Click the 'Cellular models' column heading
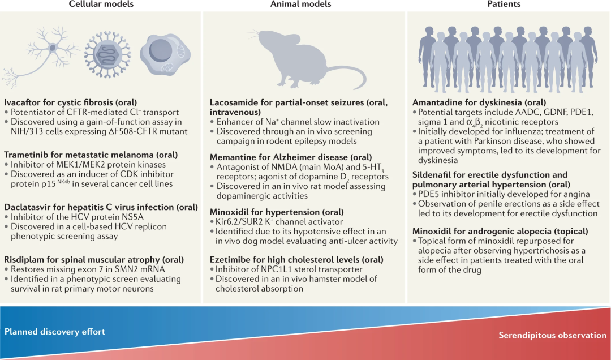101,5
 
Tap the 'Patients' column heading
504,5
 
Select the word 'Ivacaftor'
22,102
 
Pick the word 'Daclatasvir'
27,207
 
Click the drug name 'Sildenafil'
432,175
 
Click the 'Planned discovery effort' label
55,332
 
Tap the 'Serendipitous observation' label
552,335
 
